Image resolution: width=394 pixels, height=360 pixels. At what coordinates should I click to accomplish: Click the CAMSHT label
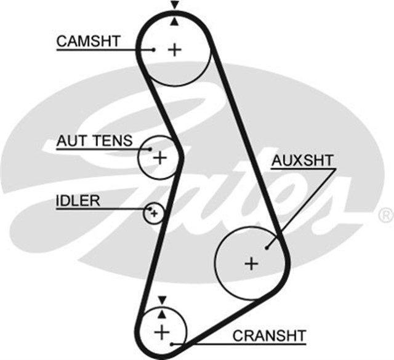88,41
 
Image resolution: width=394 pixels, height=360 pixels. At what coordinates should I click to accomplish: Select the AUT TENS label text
94,140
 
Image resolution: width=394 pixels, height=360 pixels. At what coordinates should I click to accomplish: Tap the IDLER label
78,201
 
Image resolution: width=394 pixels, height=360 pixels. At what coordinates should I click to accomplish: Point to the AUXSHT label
303,161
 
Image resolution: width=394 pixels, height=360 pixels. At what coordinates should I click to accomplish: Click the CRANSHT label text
268,335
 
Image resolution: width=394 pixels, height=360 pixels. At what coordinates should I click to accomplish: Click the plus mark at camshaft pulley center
175,49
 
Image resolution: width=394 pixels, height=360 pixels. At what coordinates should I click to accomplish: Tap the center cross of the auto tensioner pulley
160,158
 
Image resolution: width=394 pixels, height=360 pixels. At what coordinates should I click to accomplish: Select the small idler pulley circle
154,214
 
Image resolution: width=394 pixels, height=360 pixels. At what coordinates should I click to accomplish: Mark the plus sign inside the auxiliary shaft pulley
251,263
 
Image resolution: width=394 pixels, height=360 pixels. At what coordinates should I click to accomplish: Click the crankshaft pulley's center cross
161,332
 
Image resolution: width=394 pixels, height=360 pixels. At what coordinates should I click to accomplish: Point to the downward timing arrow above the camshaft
175,6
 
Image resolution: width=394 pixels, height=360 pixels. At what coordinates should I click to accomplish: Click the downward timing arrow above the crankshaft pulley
161,300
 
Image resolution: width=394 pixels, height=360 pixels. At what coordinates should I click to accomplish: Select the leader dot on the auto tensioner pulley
149,148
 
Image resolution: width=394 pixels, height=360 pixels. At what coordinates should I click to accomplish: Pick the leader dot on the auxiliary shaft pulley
266,248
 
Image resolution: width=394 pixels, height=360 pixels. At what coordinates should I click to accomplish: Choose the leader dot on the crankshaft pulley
172,342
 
